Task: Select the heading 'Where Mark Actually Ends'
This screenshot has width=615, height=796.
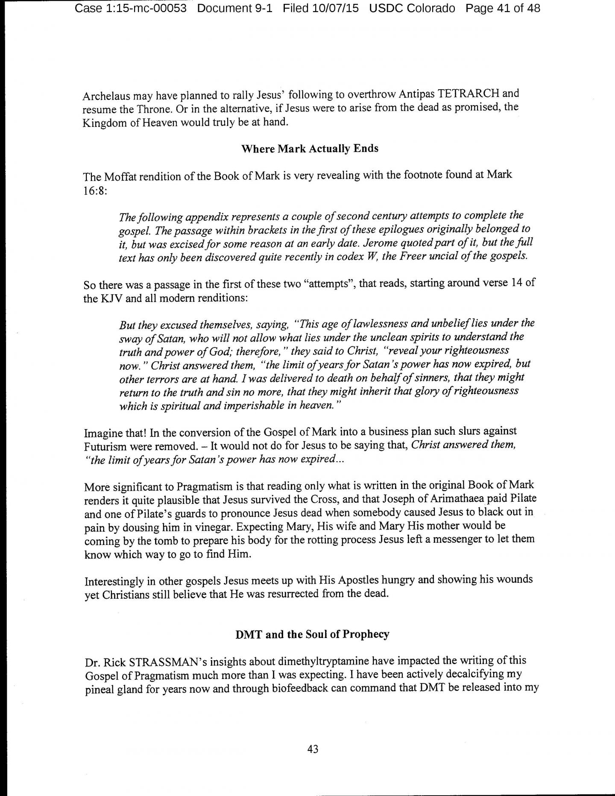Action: [310, 149]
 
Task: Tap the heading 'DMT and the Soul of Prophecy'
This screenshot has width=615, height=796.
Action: [312, 634]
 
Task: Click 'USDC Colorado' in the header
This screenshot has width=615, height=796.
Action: [412, 8]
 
